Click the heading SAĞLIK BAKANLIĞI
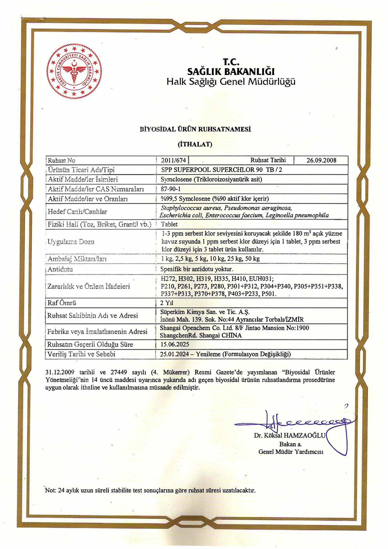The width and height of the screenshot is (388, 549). (231, 71)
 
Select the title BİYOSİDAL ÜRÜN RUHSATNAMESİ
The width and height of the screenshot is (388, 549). (195, 129)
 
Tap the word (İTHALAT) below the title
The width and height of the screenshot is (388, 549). (195, 144)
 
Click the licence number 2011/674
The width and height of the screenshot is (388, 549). (173, 160)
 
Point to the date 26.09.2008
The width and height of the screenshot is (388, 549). (321, 160)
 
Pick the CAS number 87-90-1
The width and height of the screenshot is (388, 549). (171, 189)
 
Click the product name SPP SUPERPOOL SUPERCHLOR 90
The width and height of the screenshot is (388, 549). (212, 170)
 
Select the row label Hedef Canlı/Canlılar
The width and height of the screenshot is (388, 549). (77, 212)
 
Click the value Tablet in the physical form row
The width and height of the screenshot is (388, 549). (169, 224)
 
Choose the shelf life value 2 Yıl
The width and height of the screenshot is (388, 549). (167, 303)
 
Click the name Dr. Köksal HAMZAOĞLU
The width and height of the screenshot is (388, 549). (289, 435)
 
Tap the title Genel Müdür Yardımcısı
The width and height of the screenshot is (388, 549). (291, 452)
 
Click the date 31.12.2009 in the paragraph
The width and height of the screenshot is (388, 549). (60, 372)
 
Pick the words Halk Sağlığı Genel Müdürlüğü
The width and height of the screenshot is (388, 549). (231, 82)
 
